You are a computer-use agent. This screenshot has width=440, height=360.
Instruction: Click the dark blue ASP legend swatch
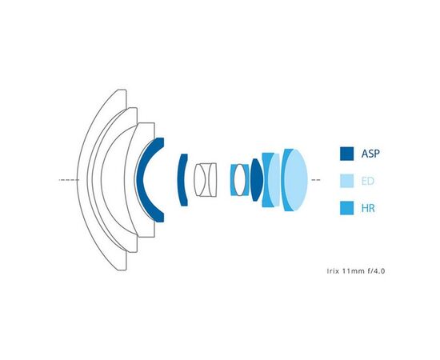tap(346, 154)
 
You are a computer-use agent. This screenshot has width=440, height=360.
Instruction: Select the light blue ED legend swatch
tap(346, 181)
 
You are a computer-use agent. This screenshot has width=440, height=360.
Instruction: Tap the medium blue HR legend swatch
tap(346, 208)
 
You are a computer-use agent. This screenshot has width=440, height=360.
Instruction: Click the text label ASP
tap(370, 154)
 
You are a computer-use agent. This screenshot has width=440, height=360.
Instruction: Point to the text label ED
tap(368, 181)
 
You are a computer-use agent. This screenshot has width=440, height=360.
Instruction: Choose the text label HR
tap(368, 208)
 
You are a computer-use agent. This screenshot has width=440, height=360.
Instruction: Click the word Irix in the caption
tap(333, 271)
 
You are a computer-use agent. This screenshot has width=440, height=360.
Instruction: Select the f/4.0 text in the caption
tap(376, 271)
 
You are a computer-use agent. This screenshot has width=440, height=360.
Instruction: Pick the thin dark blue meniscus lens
tap(182, 180)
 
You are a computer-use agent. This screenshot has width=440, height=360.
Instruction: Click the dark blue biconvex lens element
tap(256, 180)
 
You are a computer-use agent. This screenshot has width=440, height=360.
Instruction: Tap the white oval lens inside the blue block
tap(240, 180)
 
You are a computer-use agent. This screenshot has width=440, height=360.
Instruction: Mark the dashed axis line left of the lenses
tap(69, 179)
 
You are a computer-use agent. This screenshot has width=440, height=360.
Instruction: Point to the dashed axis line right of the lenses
tap(316, 179)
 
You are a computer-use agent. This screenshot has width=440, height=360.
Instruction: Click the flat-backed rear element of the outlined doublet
tap(212, 180)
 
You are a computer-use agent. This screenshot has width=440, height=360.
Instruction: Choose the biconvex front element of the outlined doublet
tap(200, 180)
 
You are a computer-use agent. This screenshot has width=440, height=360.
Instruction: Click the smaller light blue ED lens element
tap(274, 180)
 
